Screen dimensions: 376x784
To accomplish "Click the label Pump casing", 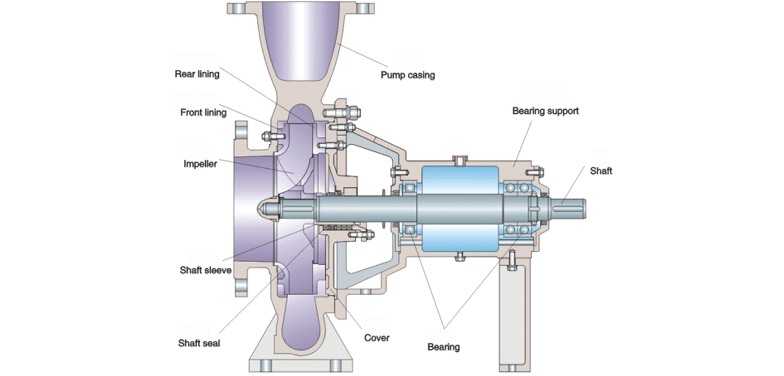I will [407, 75].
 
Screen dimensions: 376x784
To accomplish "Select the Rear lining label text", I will [197, 74].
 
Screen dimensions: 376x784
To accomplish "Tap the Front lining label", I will [203, 113].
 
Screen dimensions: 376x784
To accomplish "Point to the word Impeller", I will [200, 163].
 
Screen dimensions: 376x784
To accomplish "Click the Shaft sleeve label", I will [205, 270].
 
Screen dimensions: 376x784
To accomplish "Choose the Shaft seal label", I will [199, 343].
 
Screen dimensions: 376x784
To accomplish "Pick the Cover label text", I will [377, 337].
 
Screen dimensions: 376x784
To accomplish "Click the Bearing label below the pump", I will [443, 346].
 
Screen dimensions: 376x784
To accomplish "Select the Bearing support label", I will [545, 111].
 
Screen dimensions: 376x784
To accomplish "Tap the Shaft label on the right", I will [601, 171].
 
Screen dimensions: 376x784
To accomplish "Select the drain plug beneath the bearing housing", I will [459, 258].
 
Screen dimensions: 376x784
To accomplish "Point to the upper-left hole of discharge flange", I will [238, 8].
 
